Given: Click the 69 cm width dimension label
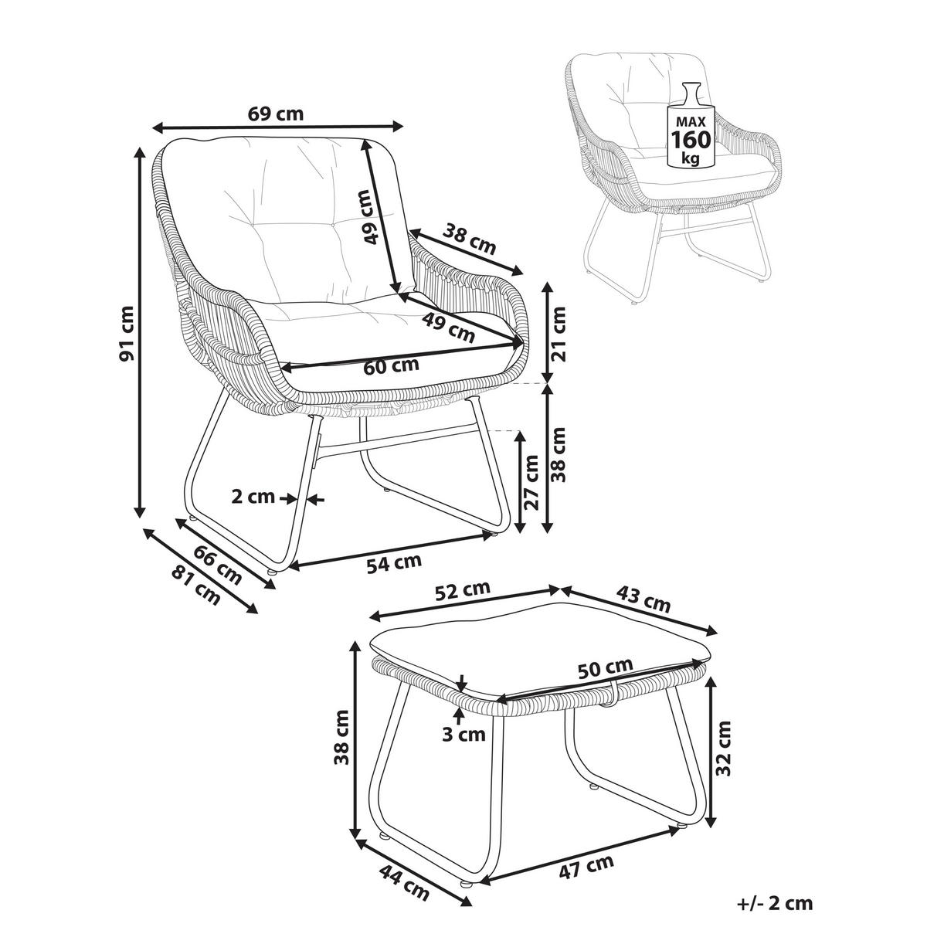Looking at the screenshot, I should [276, 114].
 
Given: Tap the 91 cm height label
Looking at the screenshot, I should [127, 333].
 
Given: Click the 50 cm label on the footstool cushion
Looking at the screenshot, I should [606, 668].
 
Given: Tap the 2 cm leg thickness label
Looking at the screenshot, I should [253, 497].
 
